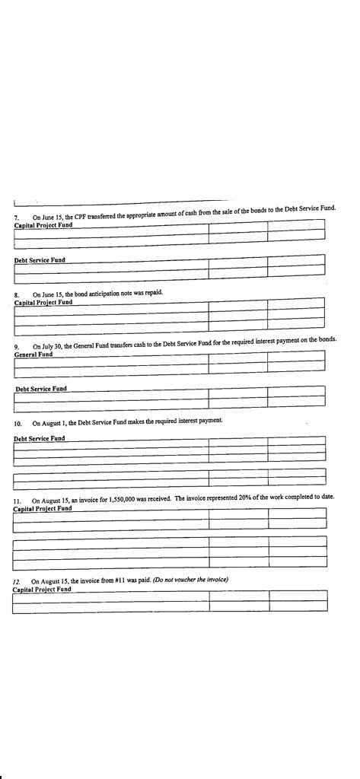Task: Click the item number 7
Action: click(x=16, y=218)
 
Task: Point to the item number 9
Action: click(x=17, y=347)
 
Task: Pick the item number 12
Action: click(x=16, y=581)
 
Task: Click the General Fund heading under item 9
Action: click(x=33, y=355)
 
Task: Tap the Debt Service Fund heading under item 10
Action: click(x=40, y=438)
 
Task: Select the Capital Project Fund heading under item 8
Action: click(x=43, y=302)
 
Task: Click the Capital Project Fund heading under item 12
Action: click(x=42, y=589)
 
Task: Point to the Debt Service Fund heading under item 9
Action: click(x=41, y=389)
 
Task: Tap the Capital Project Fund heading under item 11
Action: click(x=43, y=508)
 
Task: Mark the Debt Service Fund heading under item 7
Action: click(x=40, y=260)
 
